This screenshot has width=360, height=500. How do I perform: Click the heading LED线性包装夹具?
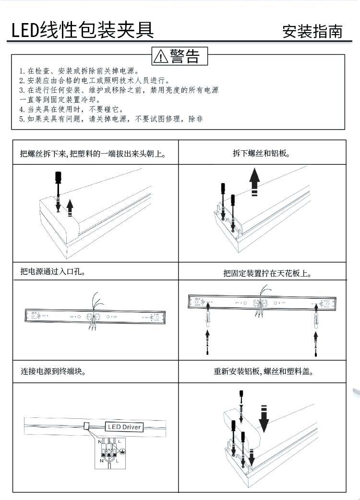coord(83,29)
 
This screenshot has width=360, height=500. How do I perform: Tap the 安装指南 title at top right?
coord(312,32)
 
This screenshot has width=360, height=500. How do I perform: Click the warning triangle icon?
coord(160,57)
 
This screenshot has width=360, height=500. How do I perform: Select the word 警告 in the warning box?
coord(184,56)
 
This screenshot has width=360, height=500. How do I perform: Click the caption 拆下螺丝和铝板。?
coord(262,154)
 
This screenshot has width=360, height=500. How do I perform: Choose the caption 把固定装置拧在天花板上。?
coord(267,274)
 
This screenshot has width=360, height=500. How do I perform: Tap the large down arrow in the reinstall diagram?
coord(264,417)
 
